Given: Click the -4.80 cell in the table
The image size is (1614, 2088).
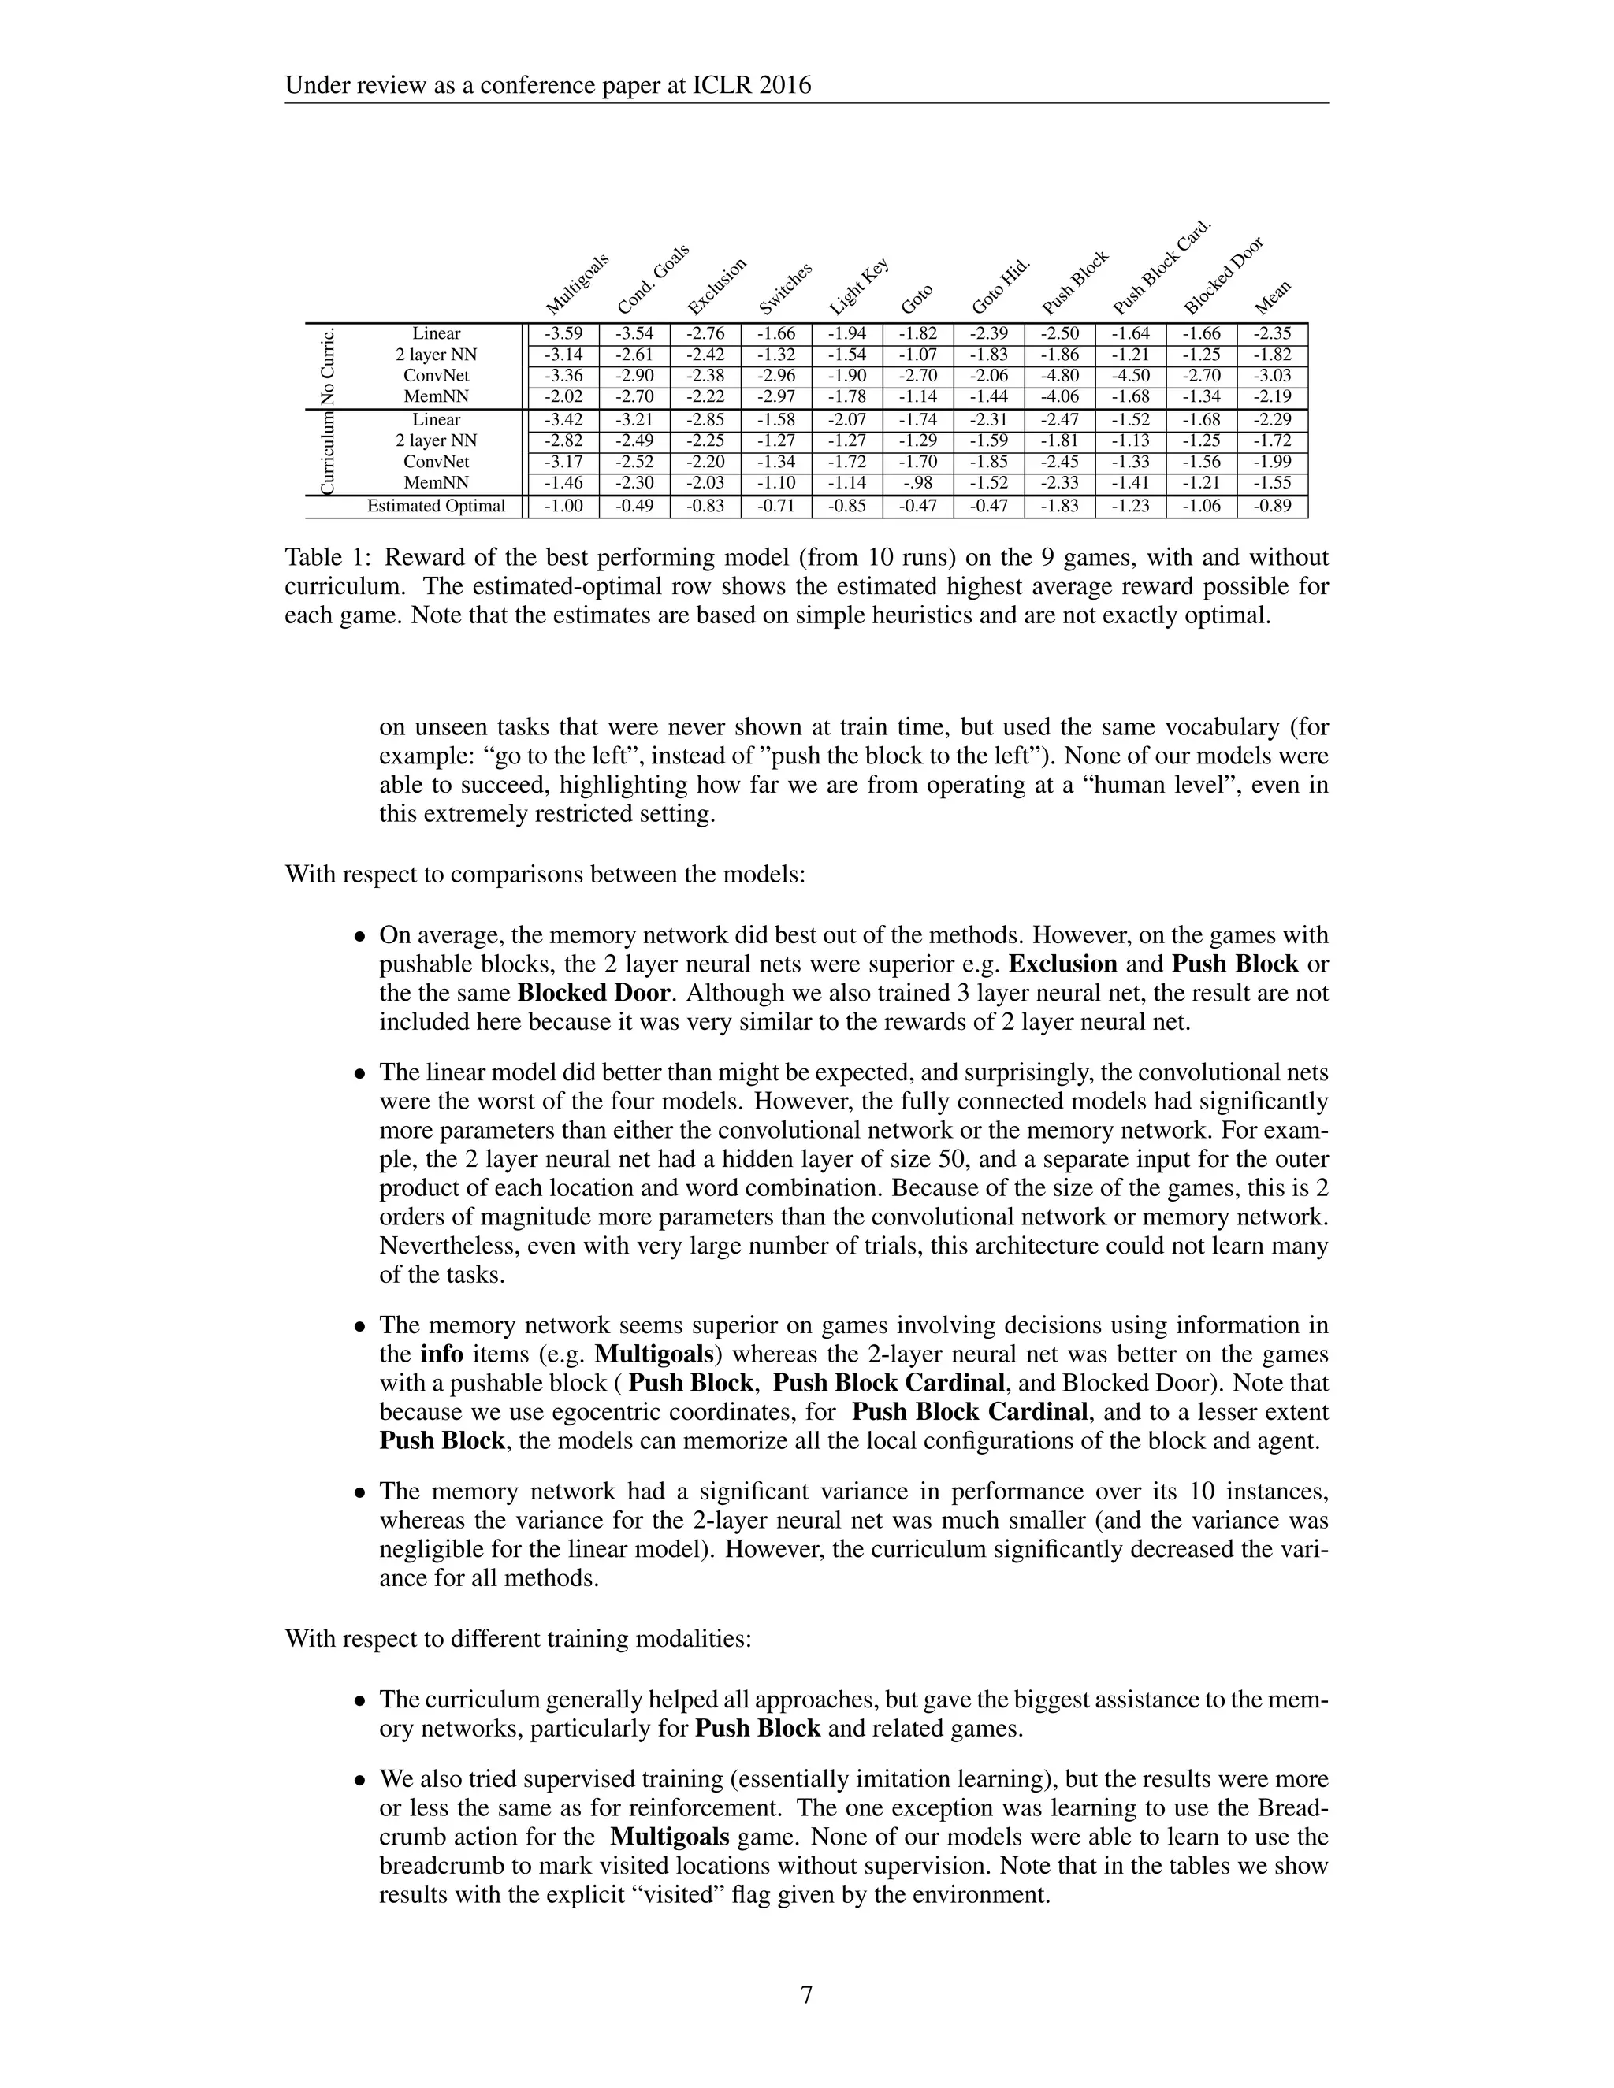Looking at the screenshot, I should pos(1059,376).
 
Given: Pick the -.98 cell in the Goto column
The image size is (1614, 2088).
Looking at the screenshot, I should pos(918,483).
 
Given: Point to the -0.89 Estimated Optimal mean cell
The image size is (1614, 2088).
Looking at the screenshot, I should pos(1272,506).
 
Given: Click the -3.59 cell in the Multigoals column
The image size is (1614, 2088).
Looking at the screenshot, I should pos(563,333).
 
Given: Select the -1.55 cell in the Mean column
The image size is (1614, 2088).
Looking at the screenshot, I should pos(1272,483).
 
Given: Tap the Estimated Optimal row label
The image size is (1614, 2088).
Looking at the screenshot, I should pos(436,506).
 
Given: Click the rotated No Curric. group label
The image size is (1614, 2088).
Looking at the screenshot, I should pos(328,366).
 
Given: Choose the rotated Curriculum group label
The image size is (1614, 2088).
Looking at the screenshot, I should pos(328,452).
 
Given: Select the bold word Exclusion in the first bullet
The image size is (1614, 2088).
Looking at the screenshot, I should pos(1062,964).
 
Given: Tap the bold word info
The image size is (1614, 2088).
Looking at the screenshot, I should pos(442,1354).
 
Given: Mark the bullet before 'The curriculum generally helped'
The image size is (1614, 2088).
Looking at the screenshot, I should pos(360,1702).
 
